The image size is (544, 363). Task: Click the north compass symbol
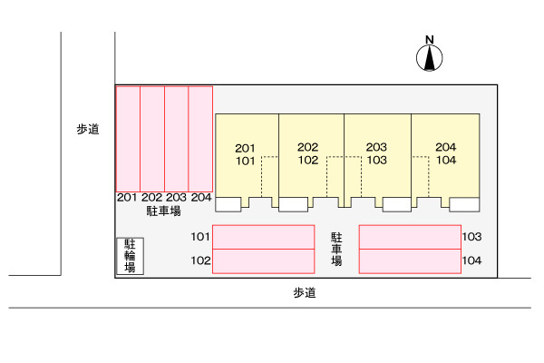[430, 56]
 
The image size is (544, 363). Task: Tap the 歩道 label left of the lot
[88, 130]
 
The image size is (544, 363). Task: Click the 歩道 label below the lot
[306, 293]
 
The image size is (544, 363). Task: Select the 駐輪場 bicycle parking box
[131, 256]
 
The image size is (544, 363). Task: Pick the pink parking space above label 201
[128, 138]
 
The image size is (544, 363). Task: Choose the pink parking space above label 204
[199, 138]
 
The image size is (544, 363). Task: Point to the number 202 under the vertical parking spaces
[151, 198]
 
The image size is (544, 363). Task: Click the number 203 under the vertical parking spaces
[176, 198]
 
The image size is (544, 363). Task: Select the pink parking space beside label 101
[263, 237]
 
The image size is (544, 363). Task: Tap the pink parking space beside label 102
[263, 261]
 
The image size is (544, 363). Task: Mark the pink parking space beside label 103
[409, 237]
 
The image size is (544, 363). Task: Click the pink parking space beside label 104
[409, 261]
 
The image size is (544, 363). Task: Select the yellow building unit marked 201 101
[246, 154]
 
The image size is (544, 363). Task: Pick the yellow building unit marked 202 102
[310, 154]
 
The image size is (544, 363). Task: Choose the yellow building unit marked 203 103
[377, 154]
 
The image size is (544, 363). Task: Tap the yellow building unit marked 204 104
[445, 154]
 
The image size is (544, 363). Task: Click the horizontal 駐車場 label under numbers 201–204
[163, 211]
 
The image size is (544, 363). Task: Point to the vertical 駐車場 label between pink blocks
[336, 248]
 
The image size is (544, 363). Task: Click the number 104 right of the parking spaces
[471, 261]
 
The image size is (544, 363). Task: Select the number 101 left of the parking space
[200, 238]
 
